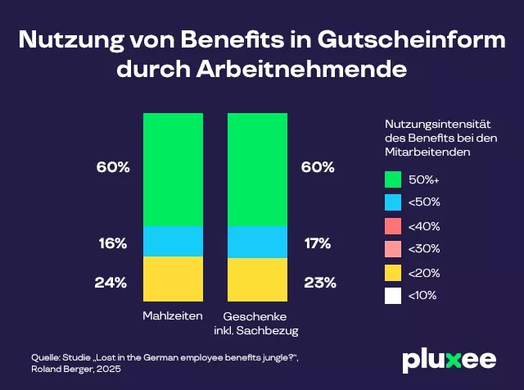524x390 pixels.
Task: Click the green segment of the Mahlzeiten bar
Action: [172, 170]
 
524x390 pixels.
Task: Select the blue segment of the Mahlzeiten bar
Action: [172, 242]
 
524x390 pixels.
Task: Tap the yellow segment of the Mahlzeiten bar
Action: [172, 279]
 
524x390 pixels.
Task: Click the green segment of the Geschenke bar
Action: [257, 170]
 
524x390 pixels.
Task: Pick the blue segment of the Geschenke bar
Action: [257, 243]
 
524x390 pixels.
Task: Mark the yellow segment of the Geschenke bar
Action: [257, 280]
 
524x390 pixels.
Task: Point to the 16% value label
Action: [111, 243]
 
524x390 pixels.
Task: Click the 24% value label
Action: [111, 283]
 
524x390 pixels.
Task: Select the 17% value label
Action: [318, 243]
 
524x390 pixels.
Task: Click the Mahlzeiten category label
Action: [172, 316]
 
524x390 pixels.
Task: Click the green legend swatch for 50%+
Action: [394, 179]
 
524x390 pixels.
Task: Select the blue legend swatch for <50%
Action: [394, 202]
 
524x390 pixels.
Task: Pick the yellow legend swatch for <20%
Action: [394, 271]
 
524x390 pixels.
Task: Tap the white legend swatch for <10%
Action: [394, 294]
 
